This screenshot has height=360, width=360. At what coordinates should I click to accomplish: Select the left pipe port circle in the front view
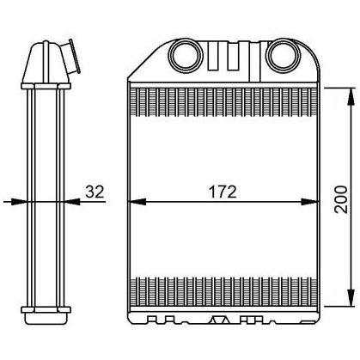[x=182, y=57]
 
